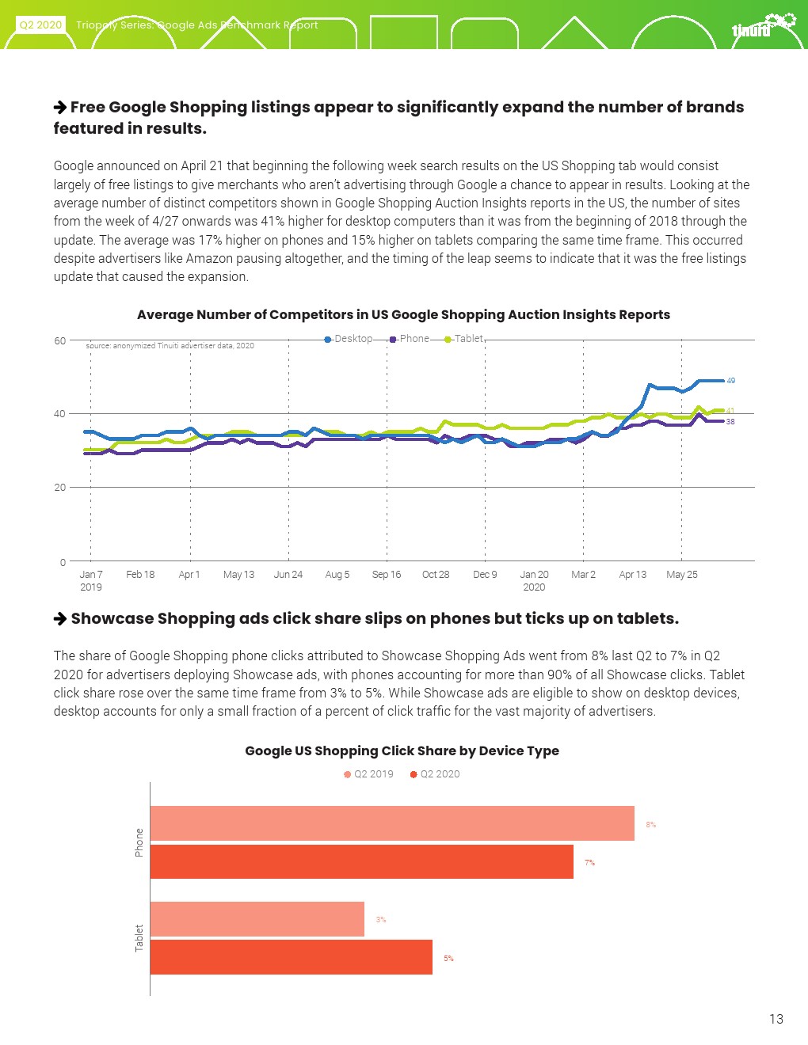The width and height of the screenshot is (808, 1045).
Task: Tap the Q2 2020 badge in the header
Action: (x=40, y=25)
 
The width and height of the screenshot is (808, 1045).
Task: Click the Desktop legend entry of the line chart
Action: (x=349, y=339)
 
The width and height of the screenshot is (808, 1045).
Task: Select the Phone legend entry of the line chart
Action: (x=410, y=339)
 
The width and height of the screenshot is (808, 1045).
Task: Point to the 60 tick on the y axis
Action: (x=60, y=340)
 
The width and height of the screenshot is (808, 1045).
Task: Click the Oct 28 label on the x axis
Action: (x=436, y=575)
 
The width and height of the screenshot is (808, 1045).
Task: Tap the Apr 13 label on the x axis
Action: (x=632, y=575)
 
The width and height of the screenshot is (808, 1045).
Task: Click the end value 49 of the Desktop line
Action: (x=731, y=381)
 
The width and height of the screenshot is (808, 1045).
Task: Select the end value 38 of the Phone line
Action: (x=730, y=422)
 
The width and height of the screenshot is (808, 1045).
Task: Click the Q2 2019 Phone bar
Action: (x=392, y=823)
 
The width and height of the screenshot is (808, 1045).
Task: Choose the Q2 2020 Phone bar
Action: (x=361, y=861)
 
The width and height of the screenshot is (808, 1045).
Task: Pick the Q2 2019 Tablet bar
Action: (x=257, y=919)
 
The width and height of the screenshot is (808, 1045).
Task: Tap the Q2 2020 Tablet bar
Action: (x=291, y=957)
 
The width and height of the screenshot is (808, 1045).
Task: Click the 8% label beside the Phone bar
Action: (x=650, y=825)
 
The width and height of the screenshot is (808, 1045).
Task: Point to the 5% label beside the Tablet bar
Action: (x=448, y=959)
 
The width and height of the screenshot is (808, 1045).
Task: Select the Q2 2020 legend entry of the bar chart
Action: (x=435, y=774)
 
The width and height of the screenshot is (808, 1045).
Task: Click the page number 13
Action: (x=776, y=1019)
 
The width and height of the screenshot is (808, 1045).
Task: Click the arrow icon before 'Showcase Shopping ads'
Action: (x=60, y=618)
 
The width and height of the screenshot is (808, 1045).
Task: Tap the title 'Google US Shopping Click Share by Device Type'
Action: (x=402, y=750)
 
